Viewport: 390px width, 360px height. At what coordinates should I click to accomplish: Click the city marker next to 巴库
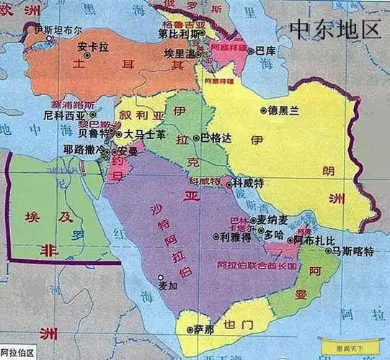click(x=252, y=51)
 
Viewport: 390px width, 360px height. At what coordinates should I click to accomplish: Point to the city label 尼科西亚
click(x=64, y=114)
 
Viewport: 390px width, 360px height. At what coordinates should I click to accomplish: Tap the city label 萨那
click(x=204, y=329)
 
